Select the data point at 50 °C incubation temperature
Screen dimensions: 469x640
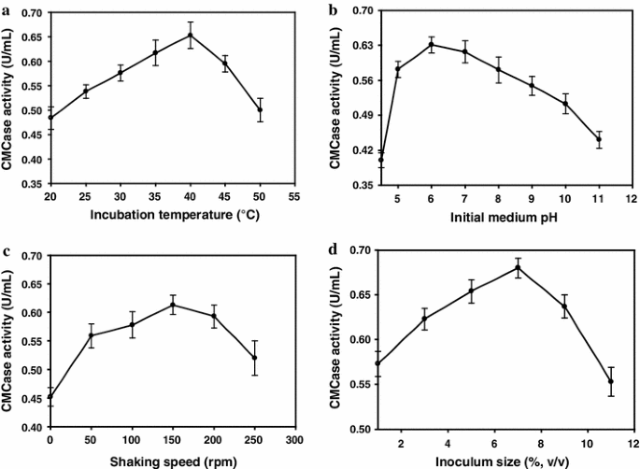coord(260,109)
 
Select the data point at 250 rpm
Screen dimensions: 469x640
coord(255,358)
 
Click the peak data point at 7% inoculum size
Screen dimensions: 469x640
coord(518,267)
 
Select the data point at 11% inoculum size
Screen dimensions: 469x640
coord(611,381)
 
